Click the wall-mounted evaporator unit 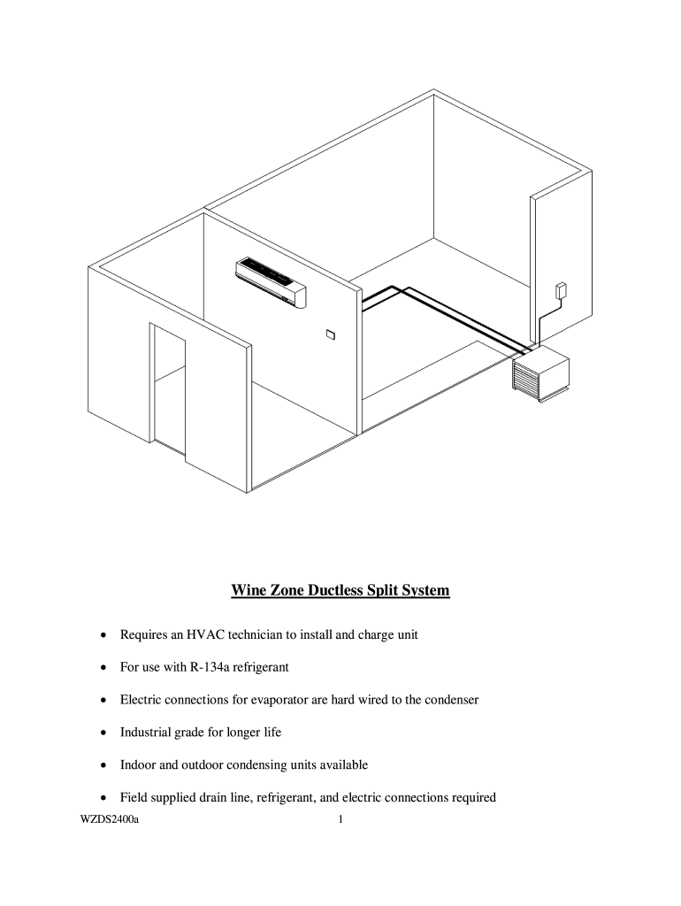[270, 282]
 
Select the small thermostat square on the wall [330, 334]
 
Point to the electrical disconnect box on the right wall [560, 291]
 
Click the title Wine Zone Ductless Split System [340, 589]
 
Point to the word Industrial [146, 732]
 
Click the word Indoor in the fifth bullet [137, 764]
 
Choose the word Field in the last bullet [134, 797]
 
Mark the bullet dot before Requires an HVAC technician [104, 635]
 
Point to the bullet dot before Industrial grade [104, 733]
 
